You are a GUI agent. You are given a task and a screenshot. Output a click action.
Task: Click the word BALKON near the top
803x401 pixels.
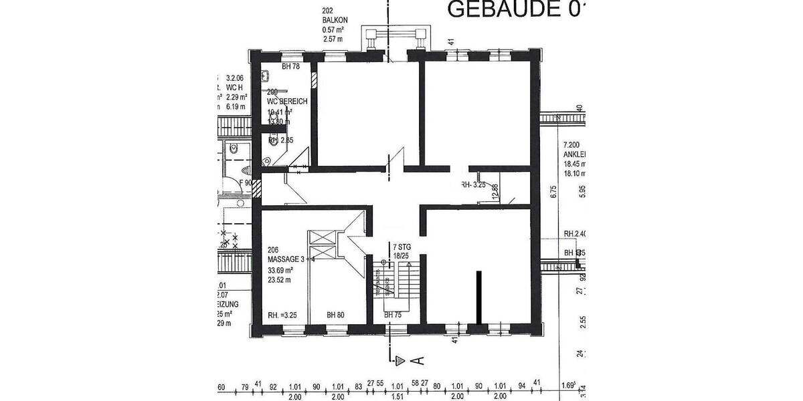tap(334, 21)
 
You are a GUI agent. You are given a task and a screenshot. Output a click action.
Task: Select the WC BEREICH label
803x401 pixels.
tap(288, 102)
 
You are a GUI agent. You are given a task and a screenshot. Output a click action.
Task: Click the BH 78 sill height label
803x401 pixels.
tap(290, 66)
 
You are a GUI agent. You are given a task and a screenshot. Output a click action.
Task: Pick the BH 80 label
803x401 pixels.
tap(336, 315)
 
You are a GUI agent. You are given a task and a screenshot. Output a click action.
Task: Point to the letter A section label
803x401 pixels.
tap(418, 362)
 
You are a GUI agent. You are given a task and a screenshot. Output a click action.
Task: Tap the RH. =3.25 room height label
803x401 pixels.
tap(282, 315)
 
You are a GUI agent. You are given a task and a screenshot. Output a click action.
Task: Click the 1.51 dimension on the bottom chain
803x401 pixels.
tap(397, 396)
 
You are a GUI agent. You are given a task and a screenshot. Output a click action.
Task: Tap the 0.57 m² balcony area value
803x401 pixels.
tap(333, 30)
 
